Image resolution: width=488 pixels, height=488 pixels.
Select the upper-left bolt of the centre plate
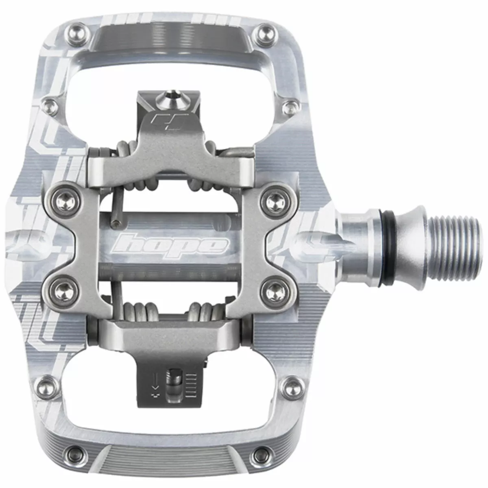point(66,198)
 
